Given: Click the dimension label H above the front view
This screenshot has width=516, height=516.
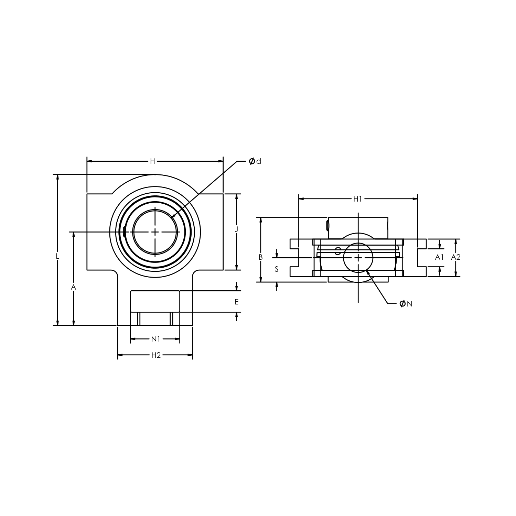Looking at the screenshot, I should [152, 161].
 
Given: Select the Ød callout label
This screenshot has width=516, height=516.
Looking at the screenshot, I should [255, 161].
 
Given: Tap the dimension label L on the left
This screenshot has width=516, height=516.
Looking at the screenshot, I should [58, 256].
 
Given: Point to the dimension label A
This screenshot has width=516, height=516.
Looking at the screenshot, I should [73, 287].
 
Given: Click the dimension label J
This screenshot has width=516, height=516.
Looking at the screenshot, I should [236, 230].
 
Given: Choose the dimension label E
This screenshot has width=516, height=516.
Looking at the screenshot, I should [236, 302].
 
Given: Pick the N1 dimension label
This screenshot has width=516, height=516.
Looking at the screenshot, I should [156, 339].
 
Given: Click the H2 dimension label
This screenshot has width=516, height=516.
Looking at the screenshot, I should [156, 355].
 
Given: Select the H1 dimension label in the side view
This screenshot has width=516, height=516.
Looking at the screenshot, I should [358, 198].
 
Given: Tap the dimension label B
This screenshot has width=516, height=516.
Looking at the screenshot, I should [261, 257].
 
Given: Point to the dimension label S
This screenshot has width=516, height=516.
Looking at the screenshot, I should [277, 269].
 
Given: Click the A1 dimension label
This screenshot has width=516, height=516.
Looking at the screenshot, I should [439, 257].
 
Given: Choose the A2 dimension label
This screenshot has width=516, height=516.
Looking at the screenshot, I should [456, 257].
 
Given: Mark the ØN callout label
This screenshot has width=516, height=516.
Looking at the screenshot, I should [406, 303].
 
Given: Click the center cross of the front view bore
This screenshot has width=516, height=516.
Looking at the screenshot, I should [155, 232].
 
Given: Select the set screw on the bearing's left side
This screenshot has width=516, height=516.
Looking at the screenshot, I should [124, 232].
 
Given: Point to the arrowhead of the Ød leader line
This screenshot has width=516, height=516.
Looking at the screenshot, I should [172, 217].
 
